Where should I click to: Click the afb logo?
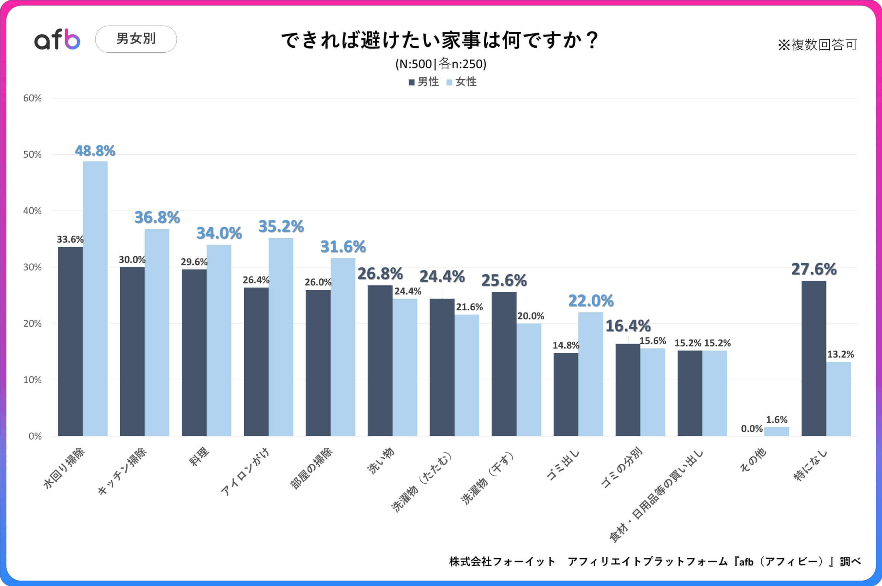[x=57, y=39]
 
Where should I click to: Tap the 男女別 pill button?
[x=136, y=39]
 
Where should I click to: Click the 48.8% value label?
[x=95, y=151]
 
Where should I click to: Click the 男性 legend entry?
[x=423, y=82]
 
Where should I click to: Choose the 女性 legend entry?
[x=462, y=82]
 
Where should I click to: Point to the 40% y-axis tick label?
[x=32, y=211]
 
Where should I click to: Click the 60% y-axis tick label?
[x=32, y=98]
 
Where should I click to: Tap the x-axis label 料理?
[x=199, y=457]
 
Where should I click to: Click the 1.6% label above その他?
[x=776, y=420]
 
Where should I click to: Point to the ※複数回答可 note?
[x=817, y=45]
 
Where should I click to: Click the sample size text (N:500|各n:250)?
[x=441, y=64]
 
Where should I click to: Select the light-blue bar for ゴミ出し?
[x=591, y=374]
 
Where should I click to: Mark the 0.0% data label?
[x=751, y=429]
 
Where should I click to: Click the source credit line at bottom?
[x=654, y=561]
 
